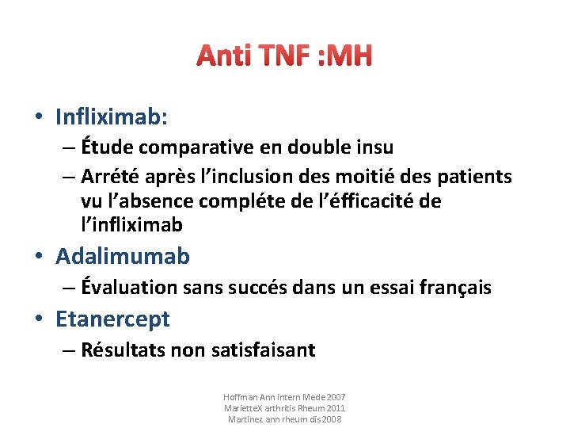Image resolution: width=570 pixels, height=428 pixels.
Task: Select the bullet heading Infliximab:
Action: pos(112,117)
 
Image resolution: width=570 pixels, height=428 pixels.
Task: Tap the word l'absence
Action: pos(150,201)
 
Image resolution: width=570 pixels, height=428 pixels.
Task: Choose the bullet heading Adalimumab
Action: pos(123,257)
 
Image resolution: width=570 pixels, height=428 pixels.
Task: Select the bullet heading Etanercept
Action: pos(112,319)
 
